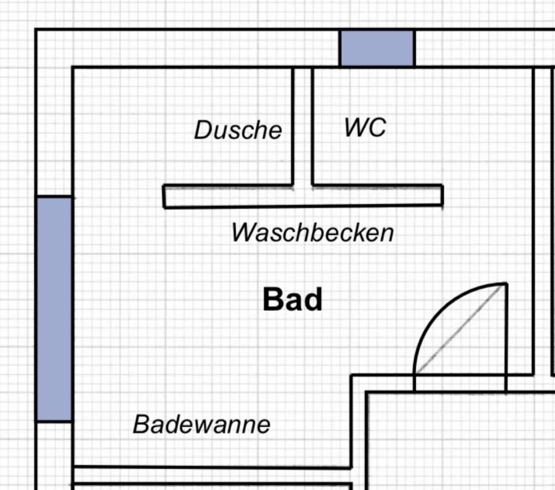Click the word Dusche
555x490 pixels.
click(238, 130)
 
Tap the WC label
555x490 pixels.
click(365, 127)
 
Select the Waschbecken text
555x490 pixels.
click(313, 232)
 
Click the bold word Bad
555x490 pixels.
click(293, 300)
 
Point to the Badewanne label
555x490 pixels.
click(201, 424)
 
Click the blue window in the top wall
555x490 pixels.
click(377, 48)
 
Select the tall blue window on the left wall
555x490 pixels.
click(54, 309)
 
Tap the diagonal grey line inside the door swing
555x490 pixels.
click(460, 329)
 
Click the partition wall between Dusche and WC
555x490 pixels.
click(302, 126)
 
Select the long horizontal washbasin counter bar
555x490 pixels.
click(303, 196)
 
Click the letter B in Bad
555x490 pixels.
click(273, 300)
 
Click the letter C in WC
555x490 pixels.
click(378, 127)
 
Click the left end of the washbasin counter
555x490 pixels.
click(164, 196)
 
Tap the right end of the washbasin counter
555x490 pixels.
click(442, 195)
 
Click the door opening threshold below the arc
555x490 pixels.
click(460, 383)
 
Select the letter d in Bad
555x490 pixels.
click(313, 300)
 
